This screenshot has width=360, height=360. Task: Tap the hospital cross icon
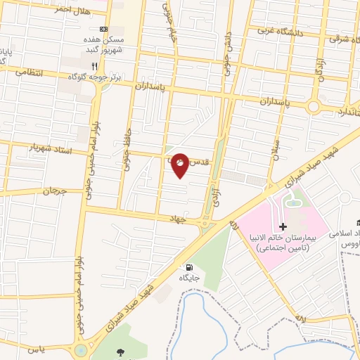283,226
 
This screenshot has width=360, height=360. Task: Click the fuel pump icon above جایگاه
188,267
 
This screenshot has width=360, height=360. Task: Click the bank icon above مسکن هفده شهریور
104,29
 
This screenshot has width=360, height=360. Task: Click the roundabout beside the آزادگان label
313,107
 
